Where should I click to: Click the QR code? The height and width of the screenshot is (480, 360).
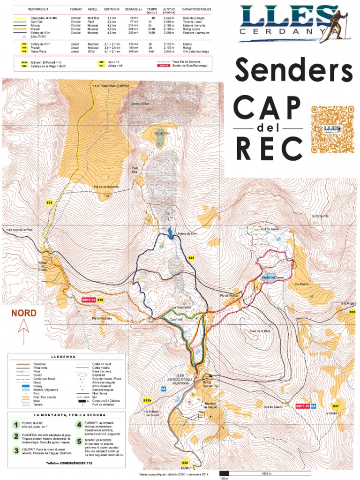(x=332, y=127)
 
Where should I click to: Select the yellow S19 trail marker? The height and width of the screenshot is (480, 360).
(x=50, y=202)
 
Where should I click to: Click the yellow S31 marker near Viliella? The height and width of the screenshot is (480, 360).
(x=336, y=406)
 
